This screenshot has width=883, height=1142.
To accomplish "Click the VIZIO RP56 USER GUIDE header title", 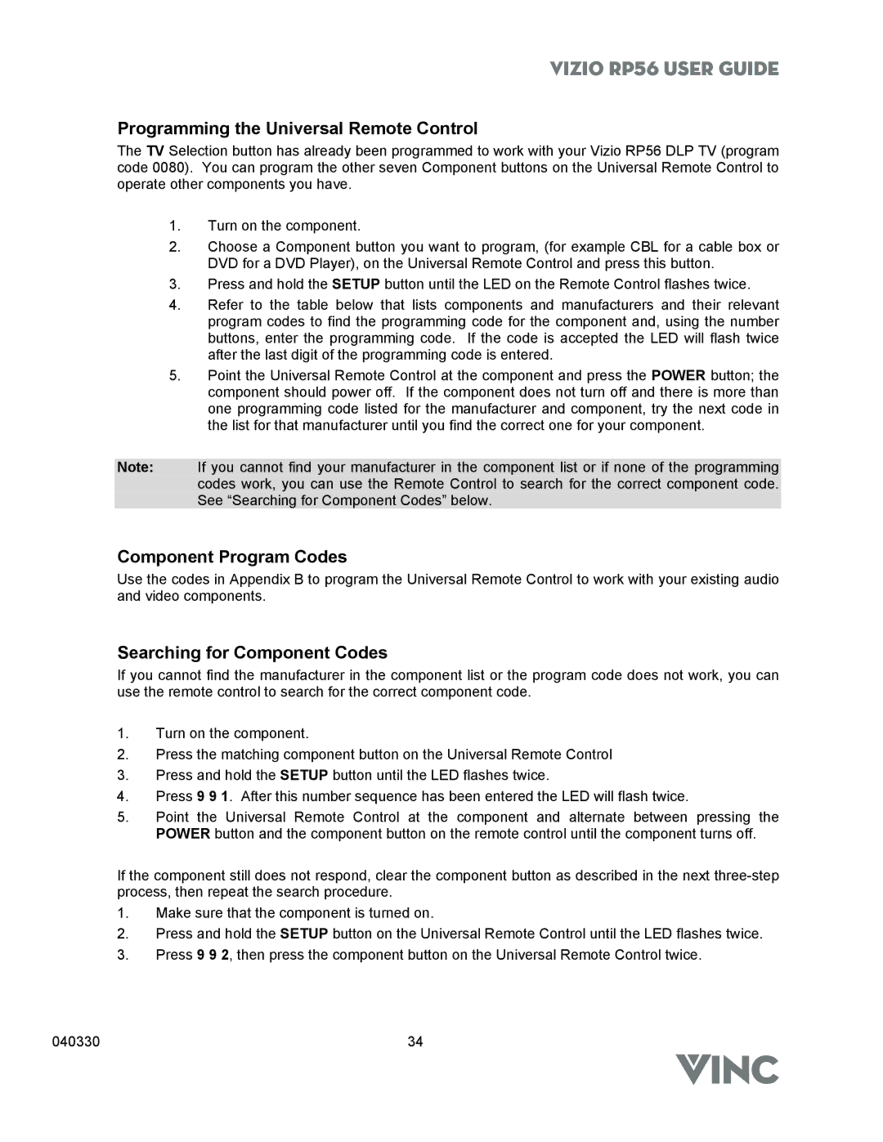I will [663, 69].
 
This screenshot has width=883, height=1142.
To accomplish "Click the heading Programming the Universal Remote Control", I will [297, 128].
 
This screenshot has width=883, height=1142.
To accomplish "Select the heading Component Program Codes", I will [231, 557].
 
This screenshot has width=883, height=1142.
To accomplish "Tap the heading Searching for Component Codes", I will [252, 652].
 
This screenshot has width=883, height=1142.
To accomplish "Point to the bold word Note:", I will [135, 468].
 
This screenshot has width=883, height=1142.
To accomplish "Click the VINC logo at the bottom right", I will [727, 1069].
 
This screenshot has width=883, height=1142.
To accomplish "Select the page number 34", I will [415, 1041].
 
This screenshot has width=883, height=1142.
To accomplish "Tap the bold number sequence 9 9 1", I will [213, 796].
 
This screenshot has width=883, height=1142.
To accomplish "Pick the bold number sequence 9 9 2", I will [213, 955].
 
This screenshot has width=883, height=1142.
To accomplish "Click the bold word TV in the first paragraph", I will [155, 151].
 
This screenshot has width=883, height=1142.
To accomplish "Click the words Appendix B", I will [267, 580].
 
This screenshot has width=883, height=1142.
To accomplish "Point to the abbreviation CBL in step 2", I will [644, 247].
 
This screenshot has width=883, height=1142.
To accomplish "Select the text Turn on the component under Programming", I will [284, 226].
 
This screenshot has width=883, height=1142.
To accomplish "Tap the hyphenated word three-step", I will [746, 876].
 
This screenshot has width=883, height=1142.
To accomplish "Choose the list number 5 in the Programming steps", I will [173, 376].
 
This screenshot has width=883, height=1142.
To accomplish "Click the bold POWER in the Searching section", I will [183, 834].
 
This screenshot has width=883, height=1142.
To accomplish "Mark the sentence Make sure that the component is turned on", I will [294, 913].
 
